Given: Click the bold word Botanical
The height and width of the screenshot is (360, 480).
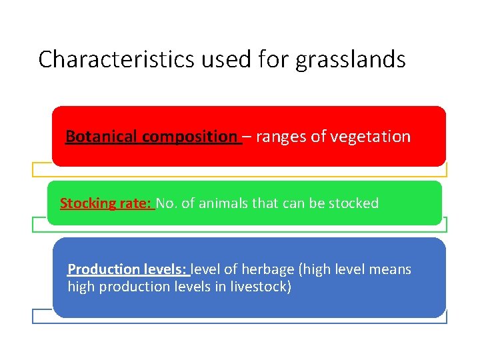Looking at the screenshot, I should [102, 137].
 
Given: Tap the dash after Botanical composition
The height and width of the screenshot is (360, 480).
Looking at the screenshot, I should [247, 137].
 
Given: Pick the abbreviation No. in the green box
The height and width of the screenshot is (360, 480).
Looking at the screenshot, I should [167, 203].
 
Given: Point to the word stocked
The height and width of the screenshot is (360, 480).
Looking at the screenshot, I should [355, 203].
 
